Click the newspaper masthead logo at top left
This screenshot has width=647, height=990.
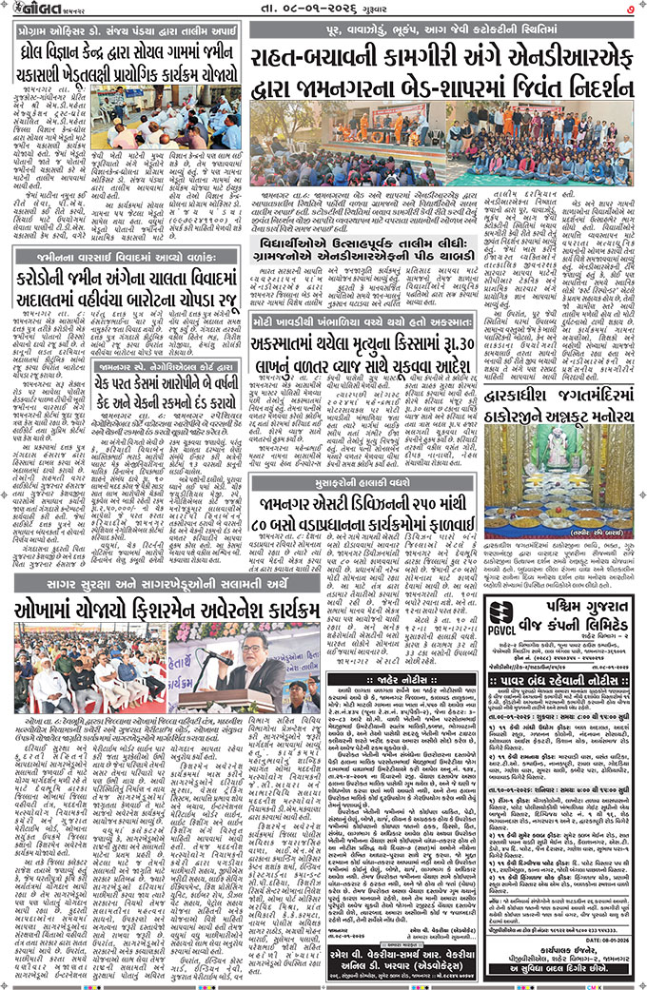39,10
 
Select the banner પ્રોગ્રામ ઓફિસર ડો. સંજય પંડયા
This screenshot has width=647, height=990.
124,29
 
